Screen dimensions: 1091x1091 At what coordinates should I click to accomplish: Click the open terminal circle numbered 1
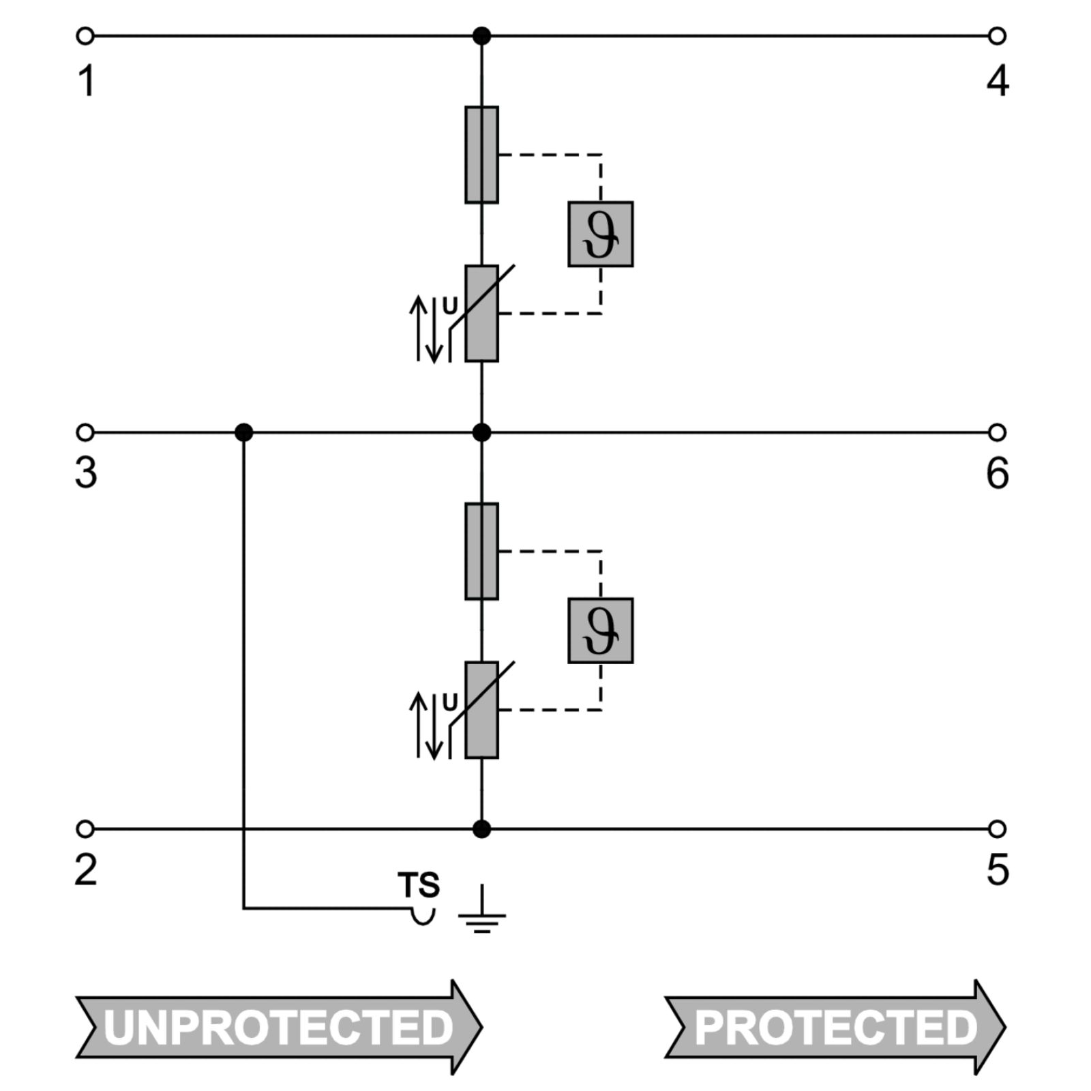(85, 35)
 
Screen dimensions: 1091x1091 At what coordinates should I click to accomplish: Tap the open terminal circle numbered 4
(997, 35)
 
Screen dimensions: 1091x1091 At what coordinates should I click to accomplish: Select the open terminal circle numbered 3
(85, 432)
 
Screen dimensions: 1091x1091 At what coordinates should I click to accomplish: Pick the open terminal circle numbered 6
(997, 432)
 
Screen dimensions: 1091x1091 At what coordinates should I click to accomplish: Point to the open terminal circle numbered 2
(85, 829)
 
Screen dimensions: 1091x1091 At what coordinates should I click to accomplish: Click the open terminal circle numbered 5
(997, 829)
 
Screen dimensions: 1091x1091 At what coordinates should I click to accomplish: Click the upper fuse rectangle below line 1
(481, 155)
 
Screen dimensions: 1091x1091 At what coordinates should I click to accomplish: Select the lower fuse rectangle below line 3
(481, 552)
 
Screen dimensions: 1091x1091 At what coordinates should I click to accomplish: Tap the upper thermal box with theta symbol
(601, 234)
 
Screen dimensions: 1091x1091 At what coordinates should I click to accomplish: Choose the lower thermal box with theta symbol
(601, 631)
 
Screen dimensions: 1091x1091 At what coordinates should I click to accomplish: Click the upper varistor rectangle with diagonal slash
(481, 314)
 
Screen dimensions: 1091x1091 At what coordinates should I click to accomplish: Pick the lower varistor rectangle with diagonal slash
(481, 710)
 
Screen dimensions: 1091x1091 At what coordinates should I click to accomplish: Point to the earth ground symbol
(482, 908)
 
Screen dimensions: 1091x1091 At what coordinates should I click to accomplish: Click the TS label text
(419, 885)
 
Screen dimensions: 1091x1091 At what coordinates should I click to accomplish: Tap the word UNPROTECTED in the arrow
(278, 1027)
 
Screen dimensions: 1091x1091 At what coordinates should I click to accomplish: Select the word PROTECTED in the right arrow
(836, 1027)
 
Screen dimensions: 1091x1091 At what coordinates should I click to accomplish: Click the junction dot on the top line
(481, 35)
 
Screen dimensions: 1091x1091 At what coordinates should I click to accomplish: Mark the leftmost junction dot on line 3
(243, 432)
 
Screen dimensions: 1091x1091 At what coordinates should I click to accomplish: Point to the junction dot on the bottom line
(481, 829)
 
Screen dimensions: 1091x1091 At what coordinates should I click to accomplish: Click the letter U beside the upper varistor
(450, 307)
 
